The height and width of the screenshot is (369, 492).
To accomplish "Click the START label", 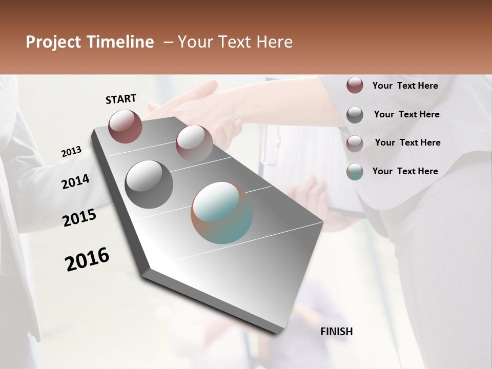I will [x=121, y=99].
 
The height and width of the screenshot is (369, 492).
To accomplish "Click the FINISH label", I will [x=336, y=332].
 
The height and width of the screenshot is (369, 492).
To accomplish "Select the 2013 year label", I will [x=72, y=152].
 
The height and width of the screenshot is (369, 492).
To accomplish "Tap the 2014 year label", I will [x=76, y=181].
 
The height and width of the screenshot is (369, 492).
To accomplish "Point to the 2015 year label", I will [x=79, y=218].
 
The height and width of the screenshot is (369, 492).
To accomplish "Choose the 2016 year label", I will [x=87, y=259].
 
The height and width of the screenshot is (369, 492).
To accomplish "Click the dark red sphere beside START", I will [x=125, y=126].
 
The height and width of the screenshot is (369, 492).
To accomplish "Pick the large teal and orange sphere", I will [x=222, y=213].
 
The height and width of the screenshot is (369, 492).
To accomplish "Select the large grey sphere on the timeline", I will [x=149, y=184].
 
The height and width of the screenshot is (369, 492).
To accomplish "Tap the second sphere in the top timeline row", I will [x=194, y=143].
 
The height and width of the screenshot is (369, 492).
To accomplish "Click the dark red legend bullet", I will [x=355, y=85].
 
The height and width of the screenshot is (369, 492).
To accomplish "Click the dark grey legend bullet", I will [x=355, y=114].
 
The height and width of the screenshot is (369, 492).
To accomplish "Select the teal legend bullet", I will [x=355, y=172].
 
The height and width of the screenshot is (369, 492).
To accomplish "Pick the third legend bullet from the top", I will [x=355, y=143].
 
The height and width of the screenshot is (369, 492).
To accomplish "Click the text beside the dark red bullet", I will [x=405, y=86].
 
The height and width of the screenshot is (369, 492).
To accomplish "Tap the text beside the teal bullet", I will [x=405, y=171].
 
